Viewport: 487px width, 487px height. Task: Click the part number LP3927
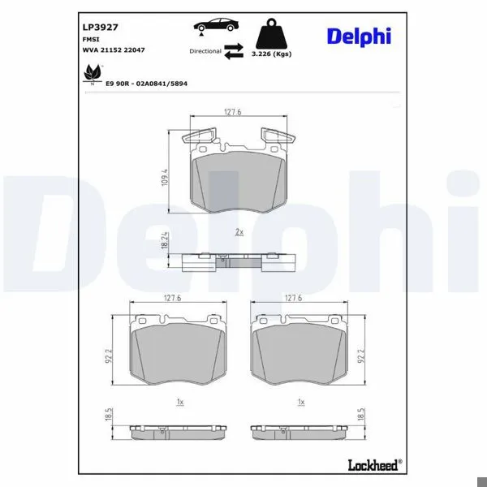click(100, 28)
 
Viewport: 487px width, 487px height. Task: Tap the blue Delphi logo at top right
click(359, 37)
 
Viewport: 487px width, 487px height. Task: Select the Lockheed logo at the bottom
click(375, 465)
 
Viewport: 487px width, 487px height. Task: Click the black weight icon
click(271, 33)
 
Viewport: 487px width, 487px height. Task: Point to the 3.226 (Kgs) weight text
click(271, 54)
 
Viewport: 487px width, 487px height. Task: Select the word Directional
click(205, 51)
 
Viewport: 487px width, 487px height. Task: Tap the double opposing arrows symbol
click(234, 51)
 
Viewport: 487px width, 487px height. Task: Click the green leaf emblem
click(93, 73)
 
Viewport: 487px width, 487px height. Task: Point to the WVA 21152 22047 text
click(114, 50)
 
